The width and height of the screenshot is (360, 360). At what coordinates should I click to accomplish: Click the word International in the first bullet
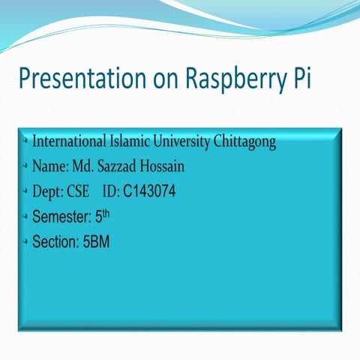pyautogui.click(x=71, y=141)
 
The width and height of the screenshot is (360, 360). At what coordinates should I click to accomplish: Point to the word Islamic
pyautogui.click(x=133, y=141)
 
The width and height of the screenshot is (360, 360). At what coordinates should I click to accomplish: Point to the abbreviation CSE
pyautogui.click(x=78, y=192)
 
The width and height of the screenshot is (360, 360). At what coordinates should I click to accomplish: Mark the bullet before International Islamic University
pyautogui.click(x=25, y=141)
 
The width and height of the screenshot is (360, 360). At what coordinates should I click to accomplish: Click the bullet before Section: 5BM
pyautogui.click(x=25, y=241)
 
